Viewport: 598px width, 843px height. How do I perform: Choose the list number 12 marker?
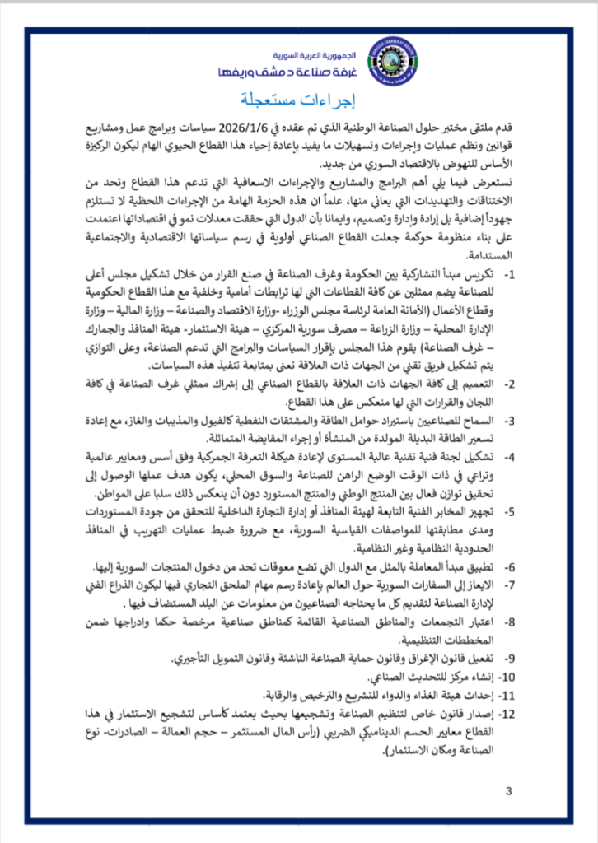pyautogui.click(x=507, y=713)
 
